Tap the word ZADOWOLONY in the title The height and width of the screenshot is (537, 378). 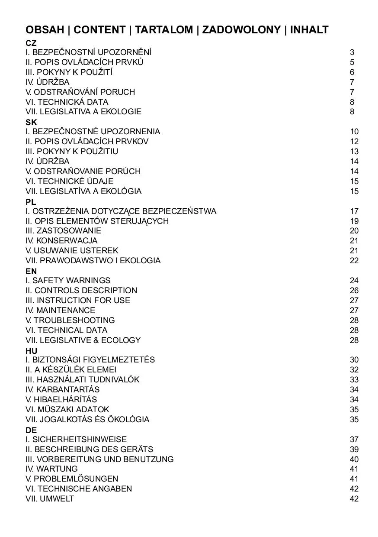click(241, 30)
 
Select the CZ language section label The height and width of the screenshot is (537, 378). click(31, 43)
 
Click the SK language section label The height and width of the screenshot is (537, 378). click(31, 122)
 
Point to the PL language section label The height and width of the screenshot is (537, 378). click(31, 202)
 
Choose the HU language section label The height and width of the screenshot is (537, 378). click(31, 350)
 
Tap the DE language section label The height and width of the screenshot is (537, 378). click(31, 430)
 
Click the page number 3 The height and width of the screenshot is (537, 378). click(352, 52)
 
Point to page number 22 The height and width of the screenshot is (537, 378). click(354, 260)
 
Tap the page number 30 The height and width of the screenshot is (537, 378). click(354, 359)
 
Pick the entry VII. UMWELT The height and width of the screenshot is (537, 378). click(50, 498)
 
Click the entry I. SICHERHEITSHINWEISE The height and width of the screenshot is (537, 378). click(76, 439)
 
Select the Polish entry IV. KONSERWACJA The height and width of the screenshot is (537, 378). click(61, 240)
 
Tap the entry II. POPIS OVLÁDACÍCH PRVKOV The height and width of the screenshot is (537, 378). click(87, 141)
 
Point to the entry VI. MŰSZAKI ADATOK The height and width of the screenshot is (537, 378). click(67, 409)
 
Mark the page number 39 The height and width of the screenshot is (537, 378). click(354, 449)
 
